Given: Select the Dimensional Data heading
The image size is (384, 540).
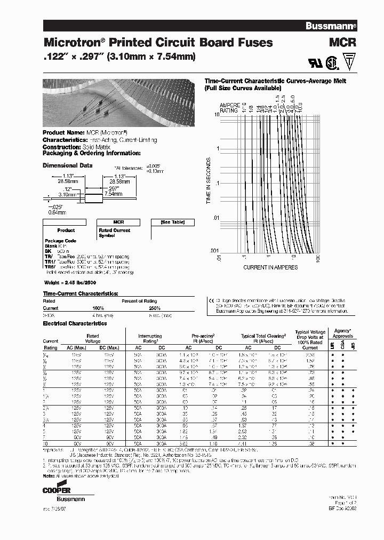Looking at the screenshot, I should [x=67, y=165].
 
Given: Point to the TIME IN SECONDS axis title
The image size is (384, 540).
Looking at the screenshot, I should [x=209, y=181].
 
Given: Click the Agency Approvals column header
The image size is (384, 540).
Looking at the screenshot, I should [x=343, y=333].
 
